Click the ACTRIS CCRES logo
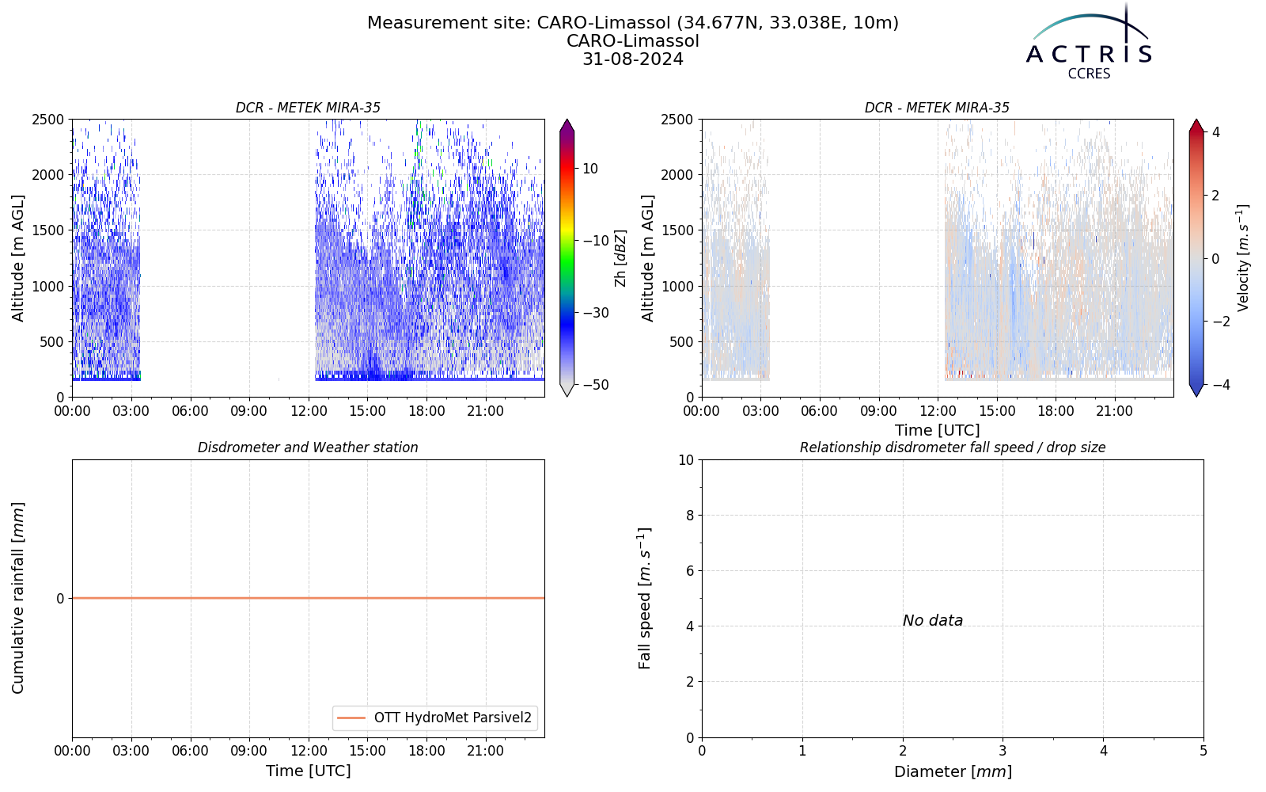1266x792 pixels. [x=1089, y=43]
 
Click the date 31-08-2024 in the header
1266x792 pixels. [x=633, y=59]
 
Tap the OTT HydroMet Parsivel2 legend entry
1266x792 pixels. [x=434, y=718]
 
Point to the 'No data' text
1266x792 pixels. [x=933, y=621]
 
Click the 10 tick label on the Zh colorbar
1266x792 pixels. [x=590, y=169]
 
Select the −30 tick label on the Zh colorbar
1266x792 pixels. [x=596, y=313]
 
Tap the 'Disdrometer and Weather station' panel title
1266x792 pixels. [x=308, y=447]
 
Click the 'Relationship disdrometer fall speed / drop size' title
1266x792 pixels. [x=953, y=447]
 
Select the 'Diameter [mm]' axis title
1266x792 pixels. [x=953, y=771]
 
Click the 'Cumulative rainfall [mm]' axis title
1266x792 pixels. [x=18, y=598]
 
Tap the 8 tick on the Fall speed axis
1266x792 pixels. [x=689, y=516]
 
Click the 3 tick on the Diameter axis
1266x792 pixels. [x=1003, y=751]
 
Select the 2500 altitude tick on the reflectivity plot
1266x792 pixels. [x=48, y=120]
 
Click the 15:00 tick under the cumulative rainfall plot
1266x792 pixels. [x=367, y=751]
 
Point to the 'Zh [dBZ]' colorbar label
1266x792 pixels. [x=620, y=258]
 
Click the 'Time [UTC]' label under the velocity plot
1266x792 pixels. [x=938, y=431]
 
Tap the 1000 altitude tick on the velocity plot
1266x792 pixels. [x=677, y=286]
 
